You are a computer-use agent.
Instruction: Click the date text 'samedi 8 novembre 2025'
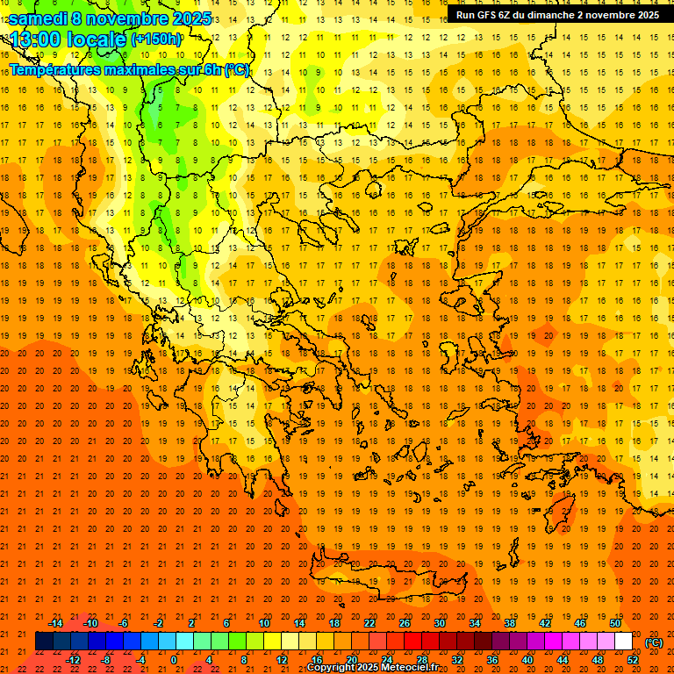[110, 18]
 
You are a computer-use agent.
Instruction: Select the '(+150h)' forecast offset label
[156, 39]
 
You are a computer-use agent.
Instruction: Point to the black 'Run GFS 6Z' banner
[557, 14]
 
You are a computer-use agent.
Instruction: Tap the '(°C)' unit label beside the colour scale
[654, 642]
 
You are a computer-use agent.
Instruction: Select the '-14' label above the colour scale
[55, 623]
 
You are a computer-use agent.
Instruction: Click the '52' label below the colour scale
[633, 660]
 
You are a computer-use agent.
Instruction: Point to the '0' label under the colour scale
[174, 660]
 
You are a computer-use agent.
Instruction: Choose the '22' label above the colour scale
[369, 623]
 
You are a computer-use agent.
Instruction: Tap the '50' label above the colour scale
[615, 623]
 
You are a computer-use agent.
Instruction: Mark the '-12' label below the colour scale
[73, 660]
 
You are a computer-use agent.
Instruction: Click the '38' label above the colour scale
[510, 623]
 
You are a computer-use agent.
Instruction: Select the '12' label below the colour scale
[282, 660]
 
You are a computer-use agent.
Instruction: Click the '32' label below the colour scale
[457, 660]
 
